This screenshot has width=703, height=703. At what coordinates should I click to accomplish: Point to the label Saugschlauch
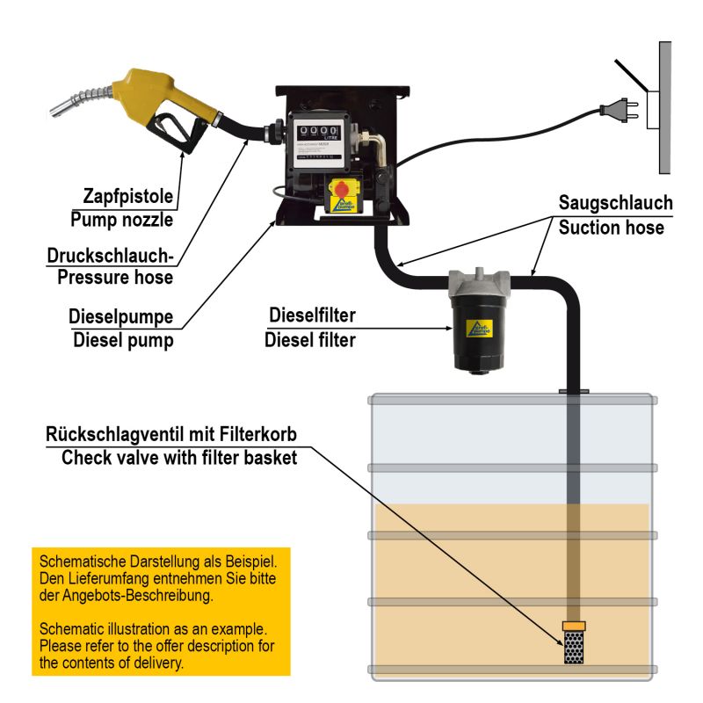point(615,204)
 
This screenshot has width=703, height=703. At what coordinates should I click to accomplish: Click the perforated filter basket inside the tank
point(575,649)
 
